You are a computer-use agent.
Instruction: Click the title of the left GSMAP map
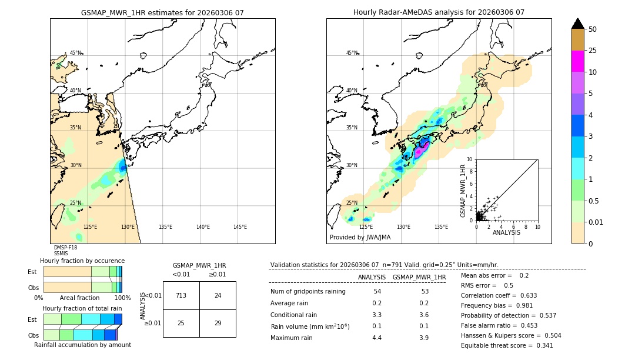click(x=162, y=12)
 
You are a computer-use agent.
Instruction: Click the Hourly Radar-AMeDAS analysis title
click(x=439, y=12)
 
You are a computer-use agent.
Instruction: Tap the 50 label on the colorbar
click(x=593, y=29)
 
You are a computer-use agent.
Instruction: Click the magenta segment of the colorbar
click(x=577, y=61)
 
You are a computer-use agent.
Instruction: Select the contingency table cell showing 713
click(x=181, y=295)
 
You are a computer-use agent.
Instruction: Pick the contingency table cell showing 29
click(x=218, y=324)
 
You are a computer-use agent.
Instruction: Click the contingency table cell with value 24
click(x=218, y=295)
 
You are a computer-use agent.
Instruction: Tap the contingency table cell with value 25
click(x=181, y=324)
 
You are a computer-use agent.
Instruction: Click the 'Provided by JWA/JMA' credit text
click(x=360, y=237)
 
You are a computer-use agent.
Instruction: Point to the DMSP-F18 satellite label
click(x=65, y=248)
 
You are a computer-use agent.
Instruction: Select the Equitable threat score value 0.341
click(x=541, y=345)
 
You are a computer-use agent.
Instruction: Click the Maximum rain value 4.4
click(x=377, y=338)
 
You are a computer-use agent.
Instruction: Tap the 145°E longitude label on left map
click(x=240, y=227)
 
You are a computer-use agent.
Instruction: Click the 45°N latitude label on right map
click(x=352, y=53)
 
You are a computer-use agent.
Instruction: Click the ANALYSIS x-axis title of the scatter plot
click(x=506, y=232)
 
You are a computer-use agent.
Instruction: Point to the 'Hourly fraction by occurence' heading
click(x=82, y=261)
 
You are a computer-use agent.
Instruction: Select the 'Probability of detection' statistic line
click(x=507, y=315)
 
